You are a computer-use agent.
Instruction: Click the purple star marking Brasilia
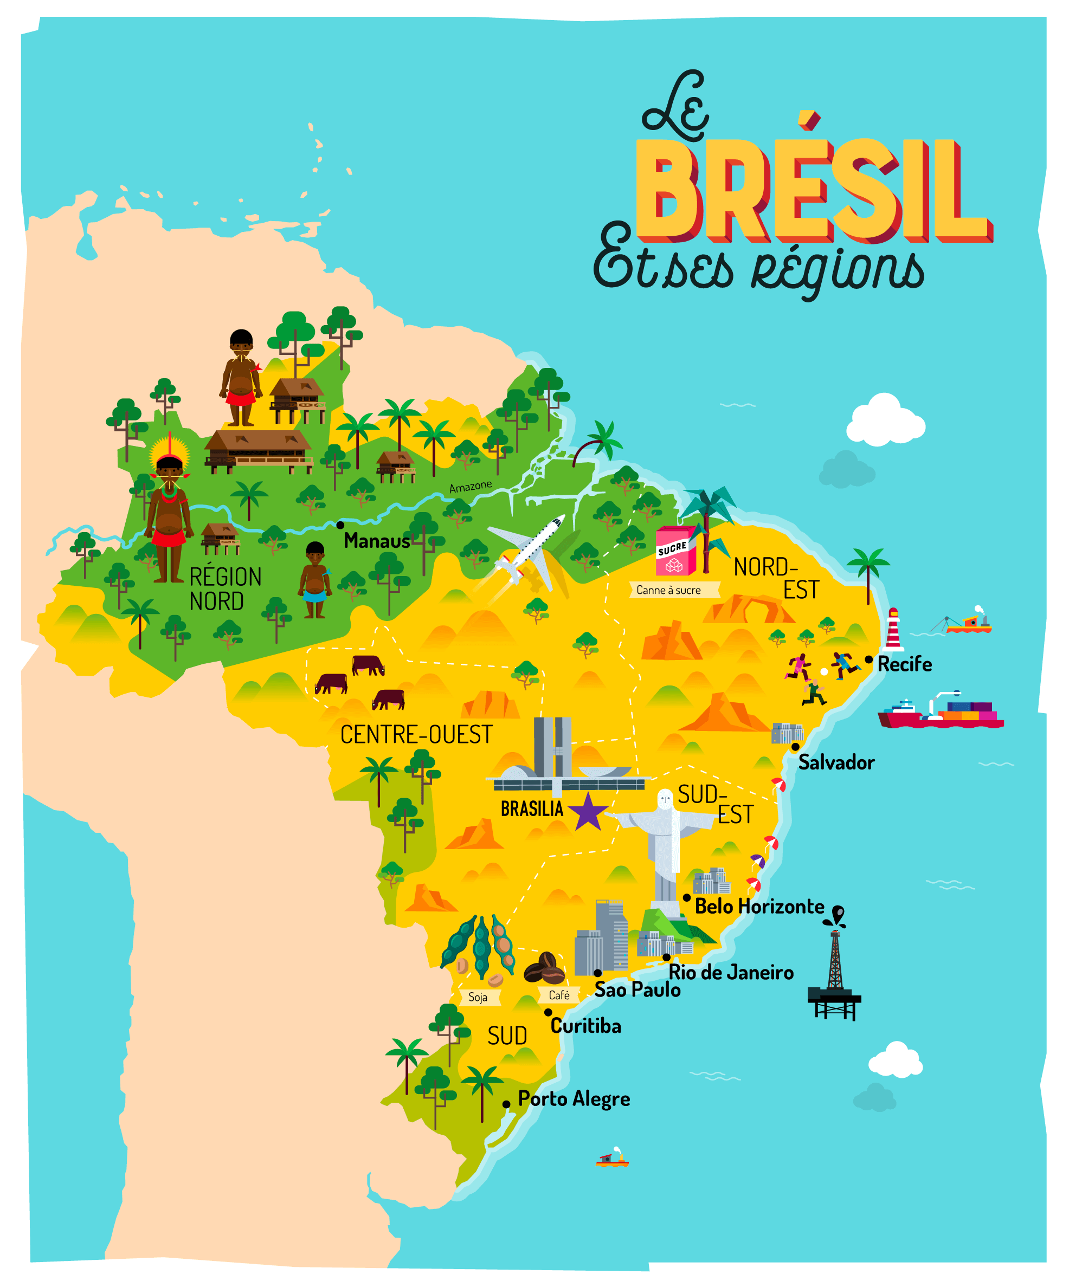(588, 812)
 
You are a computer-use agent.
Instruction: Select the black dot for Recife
(868, 659)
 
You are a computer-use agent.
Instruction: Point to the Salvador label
(836, 762)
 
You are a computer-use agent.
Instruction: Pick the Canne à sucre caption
(669, 590)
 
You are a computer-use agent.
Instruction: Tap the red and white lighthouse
(893, 630)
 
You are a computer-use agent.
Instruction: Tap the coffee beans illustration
(544, 969)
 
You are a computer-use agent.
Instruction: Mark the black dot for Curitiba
(548, 1013)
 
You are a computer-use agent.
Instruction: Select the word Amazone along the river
(470, 487)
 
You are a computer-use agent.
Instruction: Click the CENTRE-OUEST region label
(416, 735)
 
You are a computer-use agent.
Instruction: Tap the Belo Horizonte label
(759, 907)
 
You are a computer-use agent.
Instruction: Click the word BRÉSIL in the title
(812, 189)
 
